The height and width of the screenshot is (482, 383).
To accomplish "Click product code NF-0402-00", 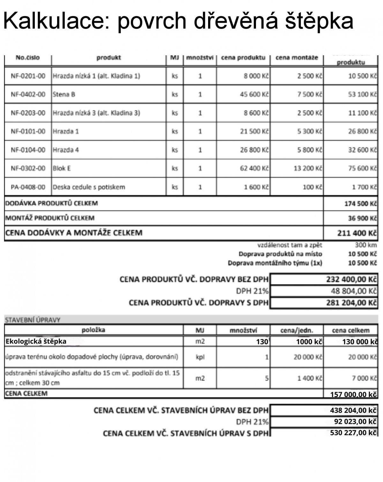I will [x=28, y=95].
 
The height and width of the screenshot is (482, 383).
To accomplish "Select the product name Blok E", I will [x=62, y=168].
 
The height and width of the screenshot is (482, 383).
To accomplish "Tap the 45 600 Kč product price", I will [x=254, y=95].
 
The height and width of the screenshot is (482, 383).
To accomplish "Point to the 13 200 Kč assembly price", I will [x=308, y=168].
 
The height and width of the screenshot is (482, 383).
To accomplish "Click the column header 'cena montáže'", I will [x=297, y=58].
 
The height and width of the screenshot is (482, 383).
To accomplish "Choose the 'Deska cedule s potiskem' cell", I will [x=89, y=187].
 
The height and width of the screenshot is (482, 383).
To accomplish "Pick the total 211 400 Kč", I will [x=357, y=233].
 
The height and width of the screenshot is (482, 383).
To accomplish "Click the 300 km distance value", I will [x=366, y=245].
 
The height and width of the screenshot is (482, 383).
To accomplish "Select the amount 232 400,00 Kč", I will [x=351, y=279].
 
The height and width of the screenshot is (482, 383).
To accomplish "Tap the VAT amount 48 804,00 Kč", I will [x=354, y=291].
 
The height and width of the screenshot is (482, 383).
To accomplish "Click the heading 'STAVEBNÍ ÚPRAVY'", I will [x=33, y=320].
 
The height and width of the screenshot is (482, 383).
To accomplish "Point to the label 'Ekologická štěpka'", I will [x=36, y=341].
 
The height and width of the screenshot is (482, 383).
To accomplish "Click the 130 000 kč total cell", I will [x=360, y=342].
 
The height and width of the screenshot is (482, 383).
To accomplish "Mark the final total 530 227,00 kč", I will [x=353, y=433].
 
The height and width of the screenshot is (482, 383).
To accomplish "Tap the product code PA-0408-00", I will [x=28, y=187].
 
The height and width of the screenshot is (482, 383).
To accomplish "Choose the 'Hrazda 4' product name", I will [x=66, y=150].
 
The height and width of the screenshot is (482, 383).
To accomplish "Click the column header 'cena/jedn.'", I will [x=297, y=330].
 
